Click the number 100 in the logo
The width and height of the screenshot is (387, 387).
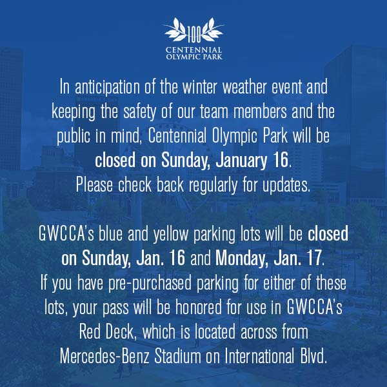(x=194, y=35)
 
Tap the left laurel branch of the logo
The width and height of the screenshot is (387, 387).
(x=175, y=30)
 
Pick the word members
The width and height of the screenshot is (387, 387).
(x=260, y=112)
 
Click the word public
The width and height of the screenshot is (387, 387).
(x=74, y=137)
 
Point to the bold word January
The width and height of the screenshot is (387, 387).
(x=241, y=161)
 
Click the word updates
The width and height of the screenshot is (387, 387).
(x=286, y=186)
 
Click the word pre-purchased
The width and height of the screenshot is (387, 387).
(x=150, y=284)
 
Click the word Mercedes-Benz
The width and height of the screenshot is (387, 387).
(x=104, y=357)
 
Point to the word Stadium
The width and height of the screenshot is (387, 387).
(x=178, y=357)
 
